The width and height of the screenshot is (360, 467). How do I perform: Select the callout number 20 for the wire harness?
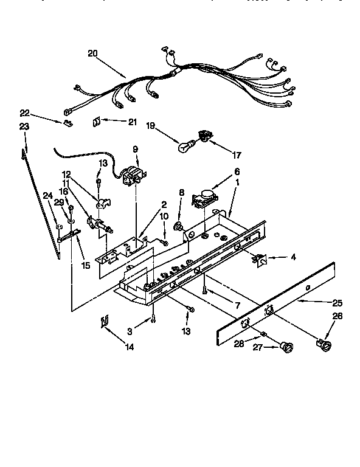tap(92, 53)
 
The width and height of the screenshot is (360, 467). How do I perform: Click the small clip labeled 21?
tap(96, 122)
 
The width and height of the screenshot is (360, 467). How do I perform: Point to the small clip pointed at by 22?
tap(67, 125)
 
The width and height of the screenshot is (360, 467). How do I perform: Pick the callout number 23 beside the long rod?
tap(24, 126)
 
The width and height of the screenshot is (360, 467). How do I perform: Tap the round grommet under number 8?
tap(180, 228)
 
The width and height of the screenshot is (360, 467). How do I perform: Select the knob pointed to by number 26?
tap(323, 347)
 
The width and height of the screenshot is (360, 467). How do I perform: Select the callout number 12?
tap(66, 173)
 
